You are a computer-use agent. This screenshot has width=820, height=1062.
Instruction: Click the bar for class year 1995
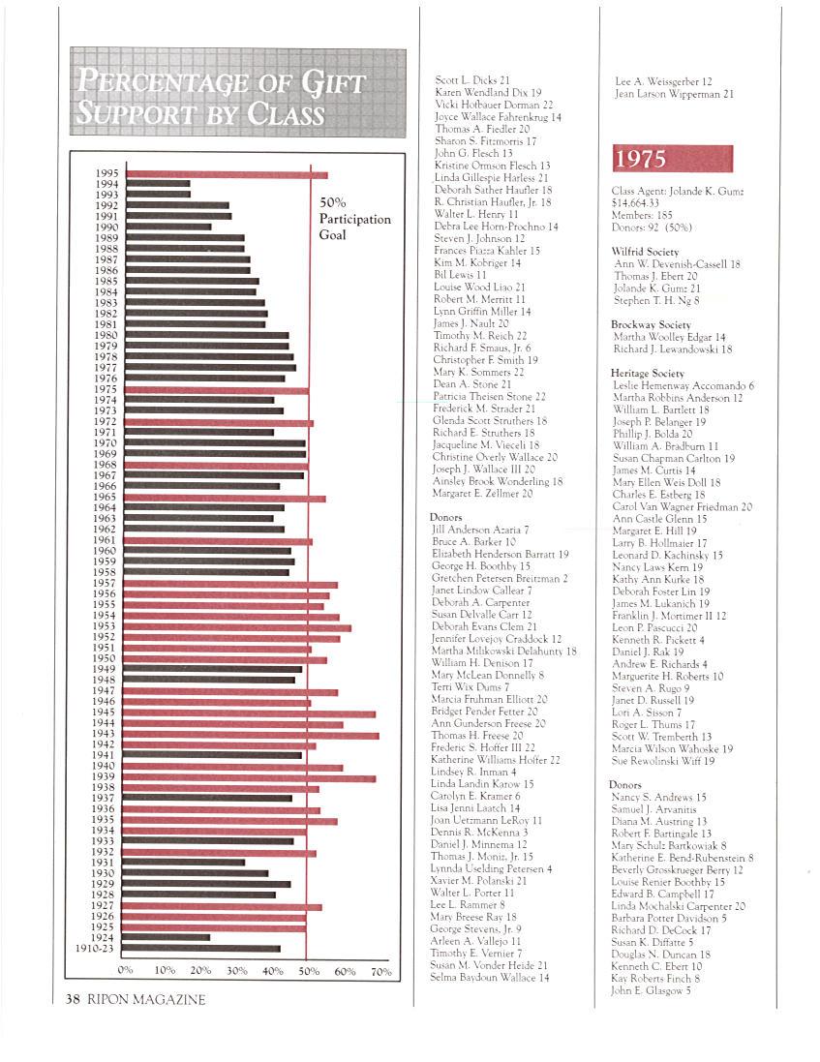tap(227, 174)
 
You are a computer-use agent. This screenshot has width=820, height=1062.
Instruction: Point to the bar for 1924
tap(167, 937)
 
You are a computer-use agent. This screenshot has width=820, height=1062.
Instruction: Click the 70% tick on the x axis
tap(380, 970)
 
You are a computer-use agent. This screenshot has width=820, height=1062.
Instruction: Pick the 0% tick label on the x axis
tap(125, 970)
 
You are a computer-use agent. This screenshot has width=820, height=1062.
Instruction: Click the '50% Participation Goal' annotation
tap(354, 219)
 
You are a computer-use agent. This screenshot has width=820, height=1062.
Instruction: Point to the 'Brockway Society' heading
tap(651, 325)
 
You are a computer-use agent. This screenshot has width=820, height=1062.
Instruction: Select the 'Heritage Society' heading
tap(648, 373)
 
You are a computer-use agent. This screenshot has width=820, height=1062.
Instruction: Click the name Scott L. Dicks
tap(472, 80)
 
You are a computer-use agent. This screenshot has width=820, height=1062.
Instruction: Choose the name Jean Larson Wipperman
tap(674, 95)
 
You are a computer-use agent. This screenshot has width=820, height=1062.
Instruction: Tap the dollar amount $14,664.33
tap(642, 204)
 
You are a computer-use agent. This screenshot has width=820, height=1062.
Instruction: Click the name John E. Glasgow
tap(651, 990)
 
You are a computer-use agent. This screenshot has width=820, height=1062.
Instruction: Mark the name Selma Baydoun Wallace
tap(489, 978)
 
